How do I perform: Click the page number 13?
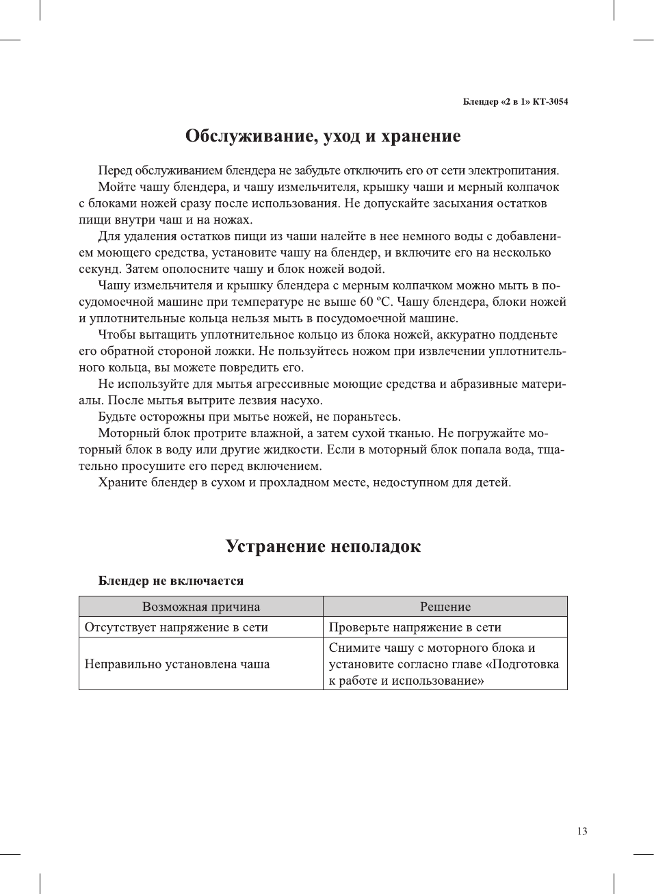[x=581, y=831]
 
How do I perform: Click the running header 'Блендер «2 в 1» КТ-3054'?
[x=515, y=102]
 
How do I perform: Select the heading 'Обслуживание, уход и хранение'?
[x=323, y=136]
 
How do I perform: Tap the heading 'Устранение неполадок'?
[x=323, y=547]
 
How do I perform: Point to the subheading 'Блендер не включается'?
[x=171, y=581]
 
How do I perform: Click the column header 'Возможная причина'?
[x=201, y=607]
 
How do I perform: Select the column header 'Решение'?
[x=445, y=607]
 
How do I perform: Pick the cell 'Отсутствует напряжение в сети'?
[x=176, y=627]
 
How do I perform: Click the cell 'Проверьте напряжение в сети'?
[x=415, y=627]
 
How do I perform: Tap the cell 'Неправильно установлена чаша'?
[x=177, y=664]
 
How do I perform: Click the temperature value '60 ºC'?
[x=375, y=302]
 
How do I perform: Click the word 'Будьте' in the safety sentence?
[x=117, y=417]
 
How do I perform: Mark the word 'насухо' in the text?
[x=299, y=400]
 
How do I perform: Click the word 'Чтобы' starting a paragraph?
[x=116, y=334]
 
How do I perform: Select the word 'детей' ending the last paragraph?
[x=493, y=482]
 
